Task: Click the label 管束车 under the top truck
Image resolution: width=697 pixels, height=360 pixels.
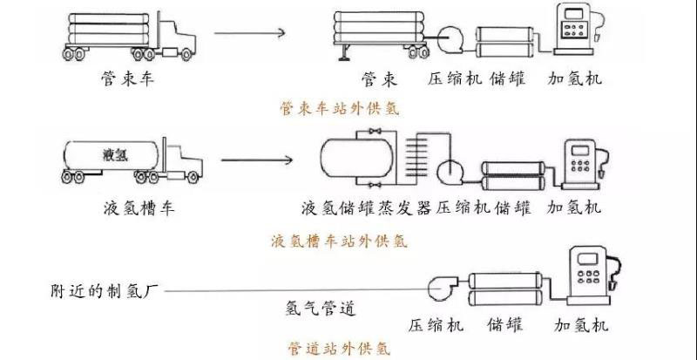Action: (x=128, y=80)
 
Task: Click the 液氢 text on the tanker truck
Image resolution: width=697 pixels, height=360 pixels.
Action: (x=114, y=155)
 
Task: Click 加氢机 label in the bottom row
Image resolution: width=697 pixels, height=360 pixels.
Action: (x=581, y=327)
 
